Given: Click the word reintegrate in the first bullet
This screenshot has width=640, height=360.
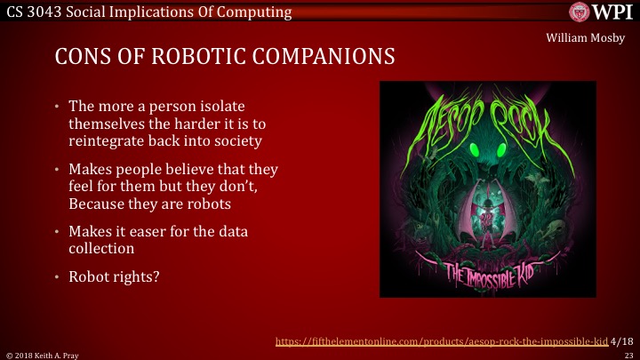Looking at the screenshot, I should coord(108,140).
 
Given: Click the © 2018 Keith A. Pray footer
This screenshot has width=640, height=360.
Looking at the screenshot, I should coord(39,354).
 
